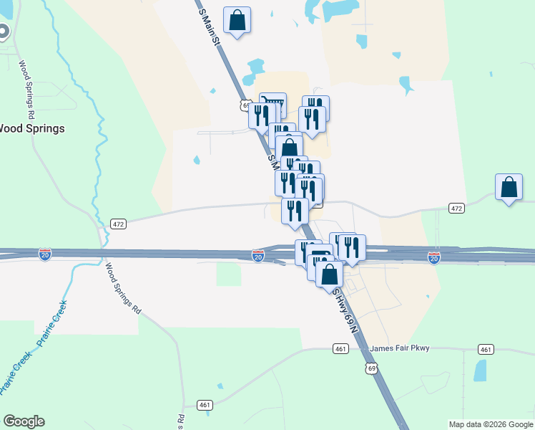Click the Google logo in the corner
24,421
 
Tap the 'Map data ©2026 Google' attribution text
491,424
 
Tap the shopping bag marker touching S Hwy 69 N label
329,276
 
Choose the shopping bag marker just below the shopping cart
289,149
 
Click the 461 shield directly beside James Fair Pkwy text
340,349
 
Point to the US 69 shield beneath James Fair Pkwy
370,368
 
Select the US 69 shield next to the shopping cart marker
245,106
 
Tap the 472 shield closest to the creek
119,224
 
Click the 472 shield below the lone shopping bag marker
456,209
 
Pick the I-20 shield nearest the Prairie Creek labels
45,256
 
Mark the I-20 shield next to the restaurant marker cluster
258,256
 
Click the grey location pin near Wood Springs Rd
2,32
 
